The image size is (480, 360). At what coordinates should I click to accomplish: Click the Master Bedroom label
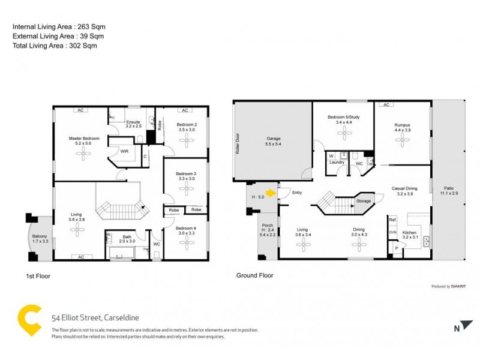(84, 139)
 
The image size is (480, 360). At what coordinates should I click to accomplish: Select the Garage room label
(274, 139)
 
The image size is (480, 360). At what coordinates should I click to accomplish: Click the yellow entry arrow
(271, 193)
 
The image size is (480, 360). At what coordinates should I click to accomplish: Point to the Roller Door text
(238, 143)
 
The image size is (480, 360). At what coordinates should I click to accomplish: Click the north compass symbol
(457, 328)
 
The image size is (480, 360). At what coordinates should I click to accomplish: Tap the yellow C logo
(29, 321)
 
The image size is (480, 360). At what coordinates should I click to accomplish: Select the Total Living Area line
(55, 45)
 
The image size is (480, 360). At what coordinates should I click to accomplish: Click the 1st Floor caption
(37, 277)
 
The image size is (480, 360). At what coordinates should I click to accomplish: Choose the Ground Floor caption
(254, 275)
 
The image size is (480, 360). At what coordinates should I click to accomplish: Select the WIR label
(124, 152)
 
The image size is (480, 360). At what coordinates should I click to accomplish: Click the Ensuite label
(133, 122)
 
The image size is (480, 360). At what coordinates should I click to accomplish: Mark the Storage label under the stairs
(363, 201)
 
